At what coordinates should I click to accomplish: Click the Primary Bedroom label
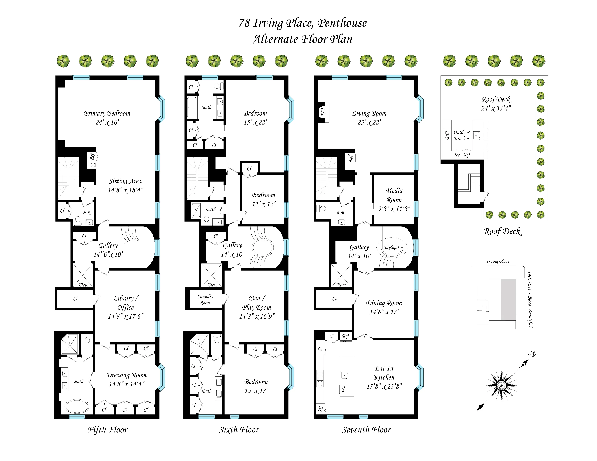(107, 113)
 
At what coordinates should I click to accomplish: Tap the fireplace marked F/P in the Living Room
(323, 112)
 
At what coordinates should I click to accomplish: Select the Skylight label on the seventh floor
(391, 247)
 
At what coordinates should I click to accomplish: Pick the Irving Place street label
(498, 261)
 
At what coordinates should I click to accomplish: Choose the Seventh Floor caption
(366, 430)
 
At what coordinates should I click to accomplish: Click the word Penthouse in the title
(342, 23)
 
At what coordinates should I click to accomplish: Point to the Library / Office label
(126, 303)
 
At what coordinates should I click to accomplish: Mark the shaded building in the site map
(508, 299)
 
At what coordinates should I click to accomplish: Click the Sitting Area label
(125, 181)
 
